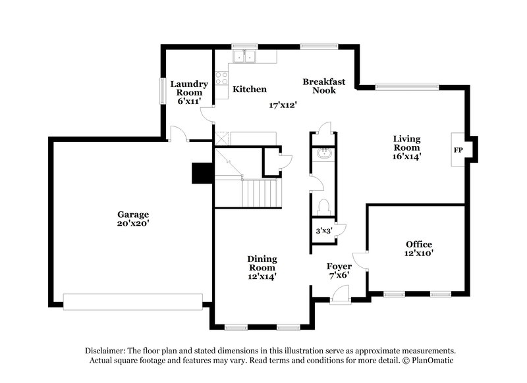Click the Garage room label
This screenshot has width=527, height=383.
click(133, 218)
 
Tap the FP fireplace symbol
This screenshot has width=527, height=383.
click(458, 149)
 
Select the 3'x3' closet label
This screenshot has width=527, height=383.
click(323, 232)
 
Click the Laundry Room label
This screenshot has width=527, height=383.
click(189, 92)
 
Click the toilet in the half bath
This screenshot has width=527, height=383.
click(323, 207)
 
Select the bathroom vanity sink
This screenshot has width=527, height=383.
click(323, 154)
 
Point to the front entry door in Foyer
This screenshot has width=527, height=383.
click(340, 297)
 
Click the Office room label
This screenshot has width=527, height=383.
click(419, 248)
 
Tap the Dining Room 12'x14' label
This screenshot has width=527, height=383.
click(262, 268)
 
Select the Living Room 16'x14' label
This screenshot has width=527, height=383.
click(406, 147)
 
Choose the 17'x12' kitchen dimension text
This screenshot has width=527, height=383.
click(283, 105)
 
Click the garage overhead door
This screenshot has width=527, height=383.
click(133, 301)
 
